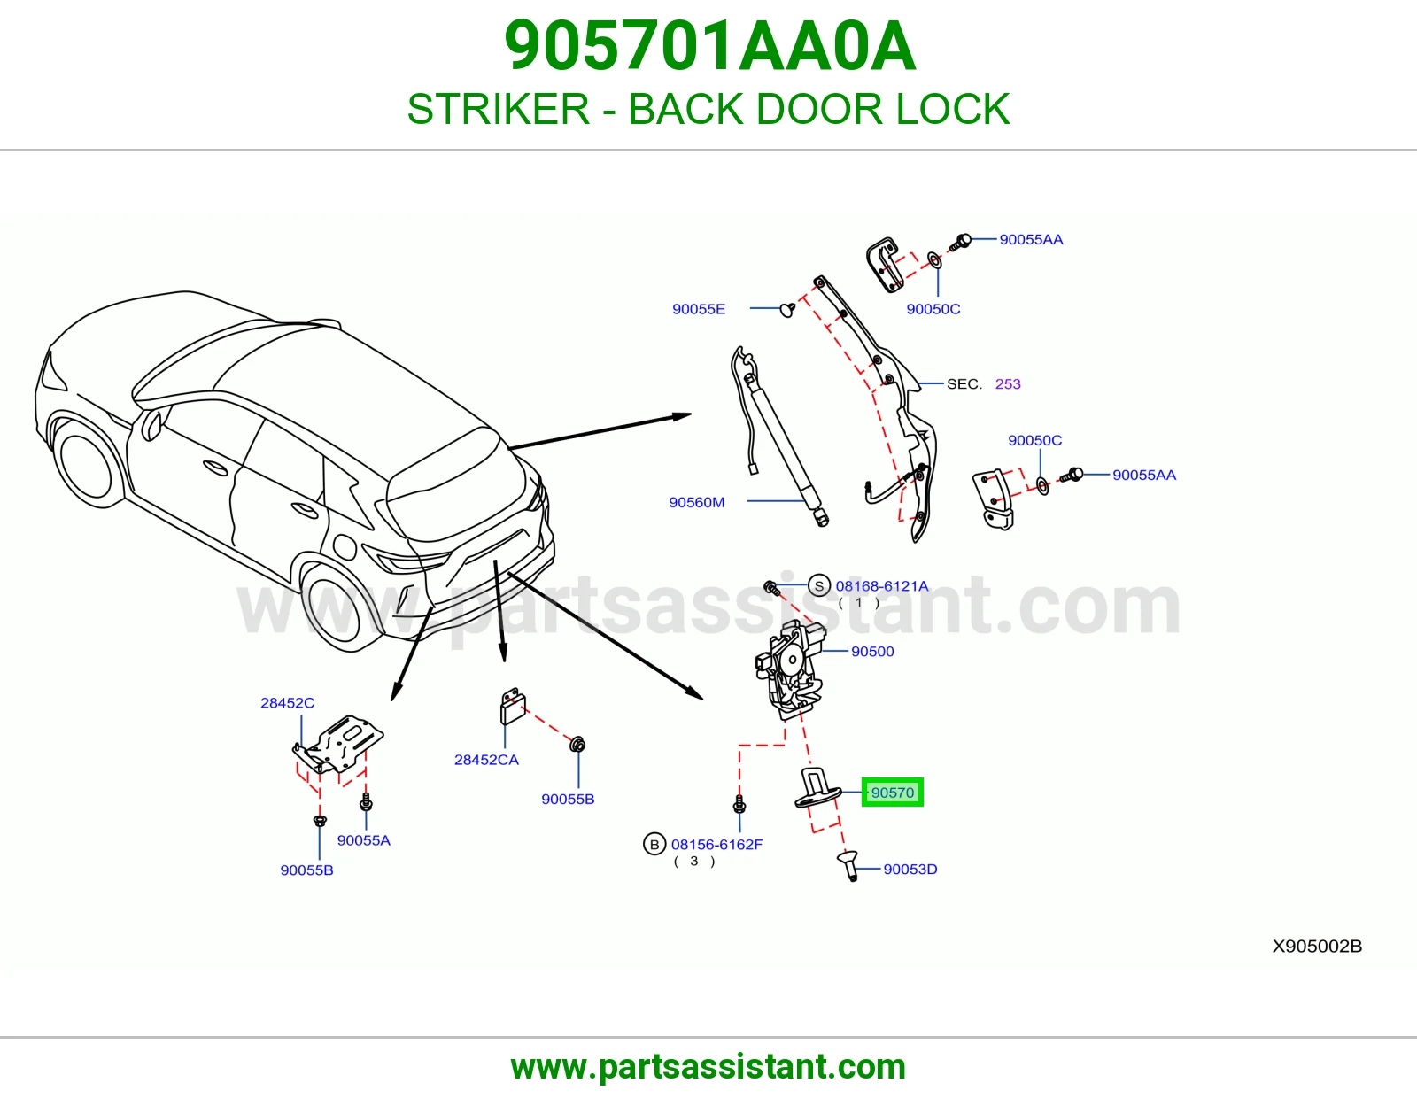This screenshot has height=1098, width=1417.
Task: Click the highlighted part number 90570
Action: [x=892, y=793]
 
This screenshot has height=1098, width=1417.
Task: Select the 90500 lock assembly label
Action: [x=872, y=652]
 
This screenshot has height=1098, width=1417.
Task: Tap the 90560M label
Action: [x=696, y=502]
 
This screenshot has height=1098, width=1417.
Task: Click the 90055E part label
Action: [x=699, y=309]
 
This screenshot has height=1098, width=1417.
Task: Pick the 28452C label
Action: [x=287, y=703]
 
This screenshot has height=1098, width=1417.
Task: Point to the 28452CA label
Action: [x=486, y=760]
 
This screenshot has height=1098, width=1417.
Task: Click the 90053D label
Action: [x=910, y=870]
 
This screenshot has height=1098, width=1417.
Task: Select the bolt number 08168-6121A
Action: [x=881, y=586]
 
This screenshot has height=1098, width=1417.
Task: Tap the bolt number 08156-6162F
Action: [x=716, y=845]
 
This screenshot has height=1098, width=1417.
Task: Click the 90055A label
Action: [x=363, y=840]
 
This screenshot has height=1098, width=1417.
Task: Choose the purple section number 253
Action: [x=1008, y=384]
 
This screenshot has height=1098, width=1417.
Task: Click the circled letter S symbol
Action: [x=819, y=585]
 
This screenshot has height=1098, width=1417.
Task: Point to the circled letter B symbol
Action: [x=654, y=845]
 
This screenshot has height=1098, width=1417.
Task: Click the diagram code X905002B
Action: [x=1317, y=946]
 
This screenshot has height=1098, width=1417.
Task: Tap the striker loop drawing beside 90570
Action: [x=817, y=788]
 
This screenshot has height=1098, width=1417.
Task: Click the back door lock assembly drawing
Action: [x=790, y=669]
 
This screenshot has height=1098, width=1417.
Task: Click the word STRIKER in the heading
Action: [x=499, y=109]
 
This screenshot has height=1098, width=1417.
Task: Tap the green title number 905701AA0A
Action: [x=709, y=46]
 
